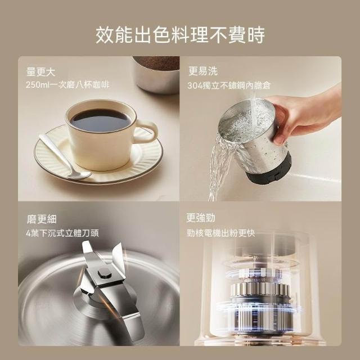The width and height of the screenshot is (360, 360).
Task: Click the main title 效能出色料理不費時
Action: pos(180,35)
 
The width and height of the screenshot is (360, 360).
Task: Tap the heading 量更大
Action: pos(41,72)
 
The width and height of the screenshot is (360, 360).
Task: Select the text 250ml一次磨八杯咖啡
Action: pos(67,85)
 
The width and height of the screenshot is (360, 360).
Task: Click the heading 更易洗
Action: pos(203,71)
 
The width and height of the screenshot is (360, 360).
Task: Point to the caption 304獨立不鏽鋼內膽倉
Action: pos(229,85)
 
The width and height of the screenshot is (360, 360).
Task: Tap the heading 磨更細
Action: pos(42,219)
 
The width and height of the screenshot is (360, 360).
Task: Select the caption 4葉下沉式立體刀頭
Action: pos(62,233)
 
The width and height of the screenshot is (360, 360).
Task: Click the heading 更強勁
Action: pos(201,218)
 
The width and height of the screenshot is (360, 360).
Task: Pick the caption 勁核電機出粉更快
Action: pos(221,233)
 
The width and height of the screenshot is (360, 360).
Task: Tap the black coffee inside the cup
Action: pos(101,120)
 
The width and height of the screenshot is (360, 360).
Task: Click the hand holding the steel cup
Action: pos(305,115)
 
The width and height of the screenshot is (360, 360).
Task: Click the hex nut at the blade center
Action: pos(105,274)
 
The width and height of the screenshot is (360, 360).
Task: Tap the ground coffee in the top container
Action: pos(159,63)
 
